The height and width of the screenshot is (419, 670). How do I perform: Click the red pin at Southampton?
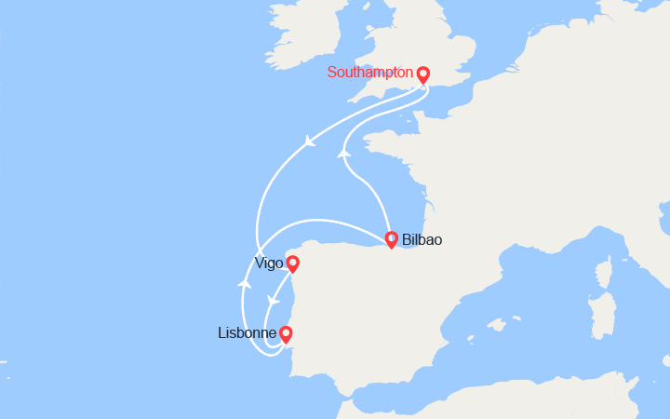coord(422,74)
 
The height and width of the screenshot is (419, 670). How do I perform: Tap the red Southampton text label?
coord(369,72)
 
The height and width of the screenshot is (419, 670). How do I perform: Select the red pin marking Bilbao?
coord(391,239)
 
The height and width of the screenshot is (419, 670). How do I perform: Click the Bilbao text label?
coord(422,240)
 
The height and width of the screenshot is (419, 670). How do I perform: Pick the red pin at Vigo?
coord(292,264)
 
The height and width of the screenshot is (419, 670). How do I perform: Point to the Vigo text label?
coord(269,264)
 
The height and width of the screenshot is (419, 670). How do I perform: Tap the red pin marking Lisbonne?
coord(286,333)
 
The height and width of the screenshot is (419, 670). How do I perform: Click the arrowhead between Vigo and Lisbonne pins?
coord(273,302)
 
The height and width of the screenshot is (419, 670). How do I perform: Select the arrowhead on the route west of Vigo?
coord(245,281)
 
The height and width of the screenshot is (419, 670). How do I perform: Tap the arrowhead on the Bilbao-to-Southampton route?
coord(343,153)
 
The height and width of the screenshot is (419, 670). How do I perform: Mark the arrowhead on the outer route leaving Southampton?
coord(310,142)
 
